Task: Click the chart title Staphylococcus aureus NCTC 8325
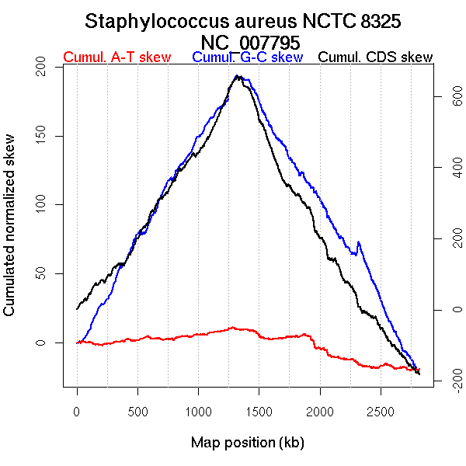(x=242, y=21)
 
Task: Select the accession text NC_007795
(x=245, y=41)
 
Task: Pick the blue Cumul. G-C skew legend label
(x=247, y=57)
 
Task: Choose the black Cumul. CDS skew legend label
(x=376, y=57)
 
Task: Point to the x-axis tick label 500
(x=137, y=411)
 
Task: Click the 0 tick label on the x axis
(x=77, y=411)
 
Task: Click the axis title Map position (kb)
(x=247, y=443)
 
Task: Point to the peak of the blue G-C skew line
(x=237, y=75)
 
